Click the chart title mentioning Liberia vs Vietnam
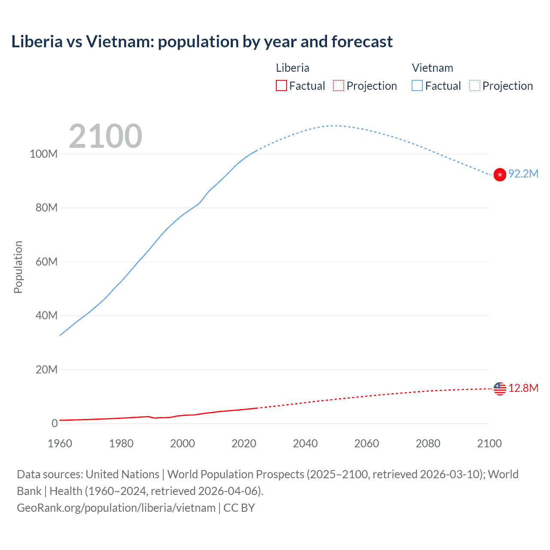tap(202, 42)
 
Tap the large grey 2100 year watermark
tap(105, 136)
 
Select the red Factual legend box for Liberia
tap(281, 86)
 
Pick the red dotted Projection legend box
tap(339, 86)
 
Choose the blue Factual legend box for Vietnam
tap(417, 86)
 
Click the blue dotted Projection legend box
tap(475, 86)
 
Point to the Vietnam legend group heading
tap(432, 68)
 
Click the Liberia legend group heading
tap(292, 68)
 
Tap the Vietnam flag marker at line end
tap(500, 175)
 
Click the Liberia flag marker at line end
tap(500, 388)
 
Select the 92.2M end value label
tap(523, 174)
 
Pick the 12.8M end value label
tap(523, 388)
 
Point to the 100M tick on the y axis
tap(43, 154)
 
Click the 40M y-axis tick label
tap(46, 315)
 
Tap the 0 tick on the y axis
tap(55, 423)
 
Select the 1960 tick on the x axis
tap(60, 443)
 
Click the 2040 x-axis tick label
tap(305, 443)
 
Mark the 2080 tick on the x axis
tap(428, 443)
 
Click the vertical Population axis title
tap(18, 267)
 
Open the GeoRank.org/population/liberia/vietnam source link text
tap(116, 508)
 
